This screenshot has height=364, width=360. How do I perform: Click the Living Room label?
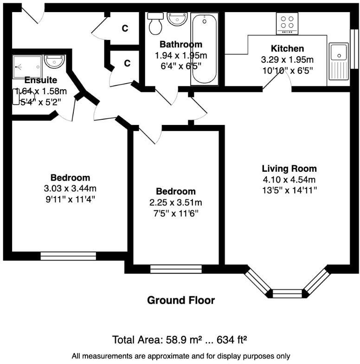(x=289, y=169)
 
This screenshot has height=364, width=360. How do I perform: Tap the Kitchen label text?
(x=287, y=49)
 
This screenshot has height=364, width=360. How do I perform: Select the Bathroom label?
(x=180, y=45)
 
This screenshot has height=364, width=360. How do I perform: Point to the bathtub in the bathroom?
(x=204, y=48)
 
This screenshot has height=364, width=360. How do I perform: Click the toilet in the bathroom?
(x=155, y=23)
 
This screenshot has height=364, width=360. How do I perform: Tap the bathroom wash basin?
(x=177, y=19)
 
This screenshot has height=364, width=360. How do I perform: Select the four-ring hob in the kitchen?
(x=288, y=23)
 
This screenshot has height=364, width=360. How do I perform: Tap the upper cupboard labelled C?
(x=125, y=28)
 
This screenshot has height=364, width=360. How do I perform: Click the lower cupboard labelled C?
(x=127, y=64)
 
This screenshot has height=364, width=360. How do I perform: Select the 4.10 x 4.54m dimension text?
(x=289, y=180)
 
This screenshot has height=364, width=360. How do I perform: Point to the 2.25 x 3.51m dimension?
(x=175, y=202)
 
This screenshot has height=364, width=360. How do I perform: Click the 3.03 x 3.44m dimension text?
(x=70, y=188)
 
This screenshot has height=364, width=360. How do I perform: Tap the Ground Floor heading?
(x=181, y=300)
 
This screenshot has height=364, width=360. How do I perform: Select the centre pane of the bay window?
(x=287, y=293)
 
